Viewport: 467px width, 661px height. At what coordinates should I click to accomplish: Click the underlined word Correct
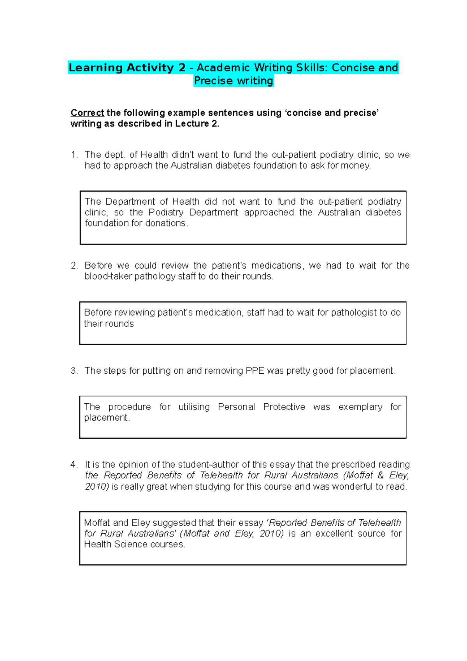tap(87, 113)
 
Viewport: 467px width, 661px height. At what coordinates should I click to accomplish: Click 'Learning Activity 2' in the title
tap(127, 68)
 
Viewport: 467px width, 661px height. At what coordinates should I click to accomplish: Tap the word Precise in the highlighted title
tap(213, 81)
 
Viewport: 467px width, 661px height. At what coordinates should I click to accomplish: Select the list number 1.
tap(74, 155)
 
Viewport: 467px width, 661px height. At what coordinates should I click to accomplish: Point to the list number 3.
tap(74, 371)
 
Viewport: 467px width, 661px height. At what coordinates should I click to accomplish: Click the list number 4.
tap(74, 464)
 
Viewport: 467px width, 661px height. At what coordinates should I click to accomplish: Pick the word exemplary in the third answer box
tap(360, 407)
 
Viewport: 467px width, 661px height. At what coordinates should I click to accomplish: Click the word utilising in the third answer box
tap(194, 407)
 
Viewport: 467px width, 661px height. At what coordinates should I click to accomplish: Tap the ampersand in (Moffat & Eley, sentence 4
tap(381, 475)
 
